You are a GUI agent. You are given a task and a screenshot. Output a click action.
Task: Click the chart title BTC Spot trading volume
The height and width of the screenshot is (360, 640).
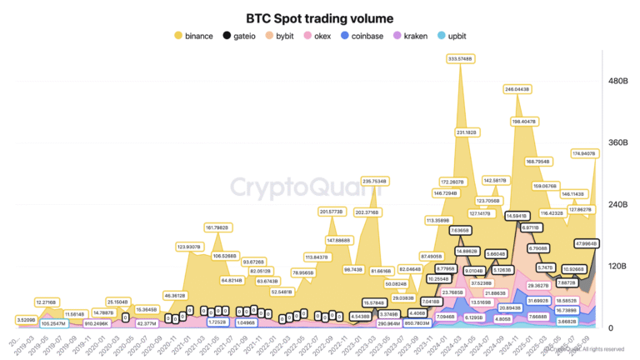coord(319,17)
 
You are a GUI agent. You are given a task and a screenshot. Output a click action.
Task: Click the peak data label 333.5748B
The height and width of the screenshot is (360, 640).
coord(459,58)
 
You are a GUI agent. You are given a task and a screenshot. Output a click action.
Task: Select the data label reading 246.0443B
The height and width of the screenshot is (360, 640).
coord(518,88)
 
